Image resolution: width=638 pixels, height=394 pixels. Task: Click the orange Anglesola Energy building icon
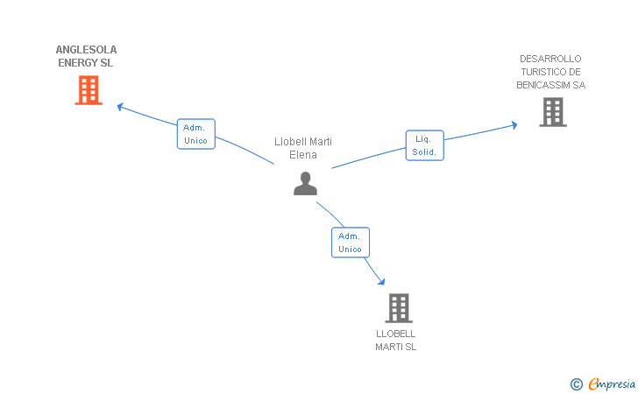pos(89,90)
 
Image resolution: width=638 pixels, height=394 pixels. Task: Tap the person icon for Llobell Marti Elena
pos(305,183)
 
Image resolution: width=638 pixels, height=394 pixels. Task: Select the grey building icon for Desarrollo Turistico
pos(553,112)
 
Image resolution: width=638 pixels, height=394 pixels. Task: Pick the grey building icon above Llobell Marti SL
pos(399,308)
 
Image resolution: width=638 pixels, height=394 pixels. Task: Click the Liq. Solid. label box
pos(425,145)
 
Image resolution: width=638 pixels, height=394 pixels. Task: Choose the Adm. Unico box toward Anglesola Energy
pos(195,134)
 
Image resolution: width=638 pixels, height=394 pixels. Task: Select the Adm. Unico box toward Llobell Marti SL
pos(350,243)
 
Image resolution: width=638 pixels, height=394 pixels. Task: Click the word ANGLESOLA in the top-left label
pos(86,50)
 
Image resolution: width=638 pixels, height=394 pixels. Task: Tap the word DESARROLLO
pos(550,59)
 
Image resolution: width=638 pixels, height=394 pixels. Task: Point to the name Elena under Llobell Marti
pos(303,155)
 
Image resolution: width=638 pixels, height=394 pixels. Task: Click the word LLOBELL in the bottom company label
pos(395,334)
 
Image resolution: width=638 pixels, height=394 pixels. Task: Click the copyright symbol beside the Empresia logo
pos(576,383)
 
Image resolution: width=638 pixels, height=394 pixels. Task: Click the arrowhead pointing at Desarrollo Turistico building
pos(514,125)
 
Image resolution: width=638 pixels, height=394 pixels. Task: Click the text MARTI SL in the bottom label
pos(396,347)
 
